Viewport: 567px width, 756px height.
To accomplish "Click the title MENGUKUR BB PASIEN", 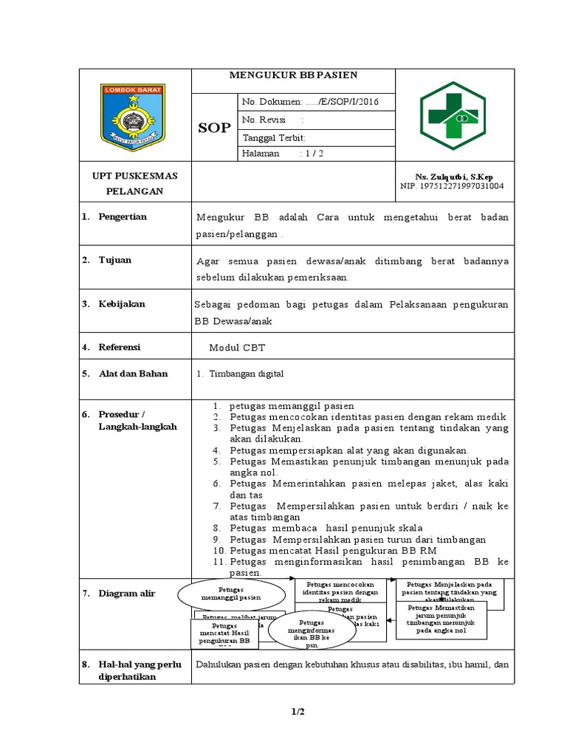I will tap(293, 75).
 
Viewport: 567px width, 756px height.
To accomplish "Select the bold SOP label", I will tap(214, 128).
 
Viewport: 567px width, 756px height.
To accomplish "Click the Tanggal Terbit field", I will tap(274, 137).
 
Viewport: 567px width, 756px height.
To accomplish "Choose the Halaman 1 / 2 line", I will tap(281, 154).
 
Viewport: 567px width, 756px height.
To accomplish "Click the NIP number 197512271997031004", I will tap(452, 186).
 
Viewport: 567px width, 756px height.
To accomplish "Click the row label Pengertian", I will tap(123, 217).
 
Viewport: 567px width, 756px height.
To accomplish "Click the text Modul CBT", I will tap(237, 347).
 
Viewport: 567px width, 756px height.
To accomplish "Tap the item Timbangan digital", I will tap(247, 374).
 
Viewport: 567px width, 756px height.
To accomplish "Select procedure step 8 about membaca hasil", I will tap(325, 528).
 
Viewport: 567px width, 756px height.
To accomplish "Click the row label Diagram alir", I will tap(127, 594).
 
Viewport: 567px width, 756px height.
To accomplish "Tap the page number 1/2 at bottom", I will tap(298, 712).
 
